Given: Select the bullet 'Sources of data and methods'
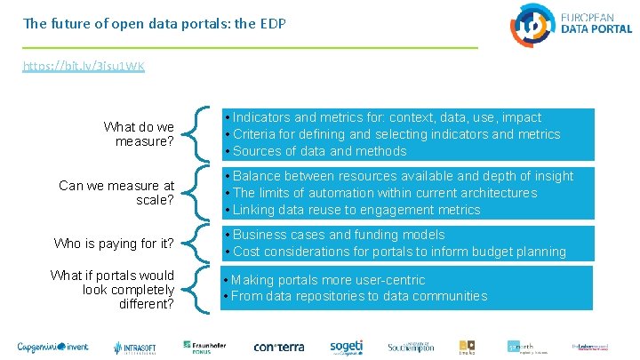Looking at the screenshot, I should pyautogui.click(x=307, y=151).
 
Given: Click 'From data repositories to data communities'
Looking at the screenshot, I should pyautogui.click(x=358, y=296).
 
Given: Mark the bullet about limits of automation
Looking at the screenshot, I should pyautogui.click(x=384, y=193).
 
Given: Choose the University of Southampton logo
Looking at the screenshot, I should pyautogui.click(x=410, y=347).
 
